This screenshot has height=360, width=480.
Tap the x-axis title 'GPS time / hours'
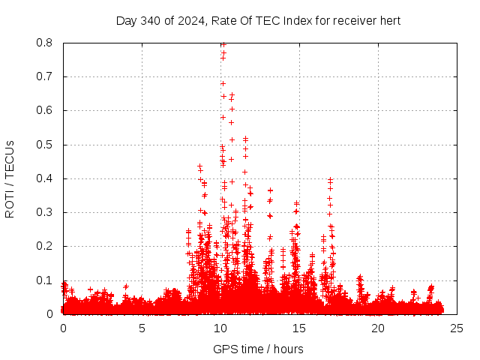point(258,349)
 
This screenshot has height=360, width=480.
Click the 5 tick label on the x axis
point(142,328)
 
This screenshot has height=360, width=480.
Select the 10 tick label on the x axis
point(220,328)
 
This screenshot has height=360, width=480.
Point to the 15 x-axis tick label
point(299,328)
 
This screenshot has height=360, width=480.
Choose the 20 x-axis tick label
point(378,328)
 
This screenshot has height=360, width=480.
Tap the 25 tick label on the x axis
point(456,328)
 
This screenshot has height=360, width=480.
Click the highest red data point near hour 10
point(223,44)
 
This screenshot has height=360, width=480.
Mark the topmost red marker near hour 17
point(330,180)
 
